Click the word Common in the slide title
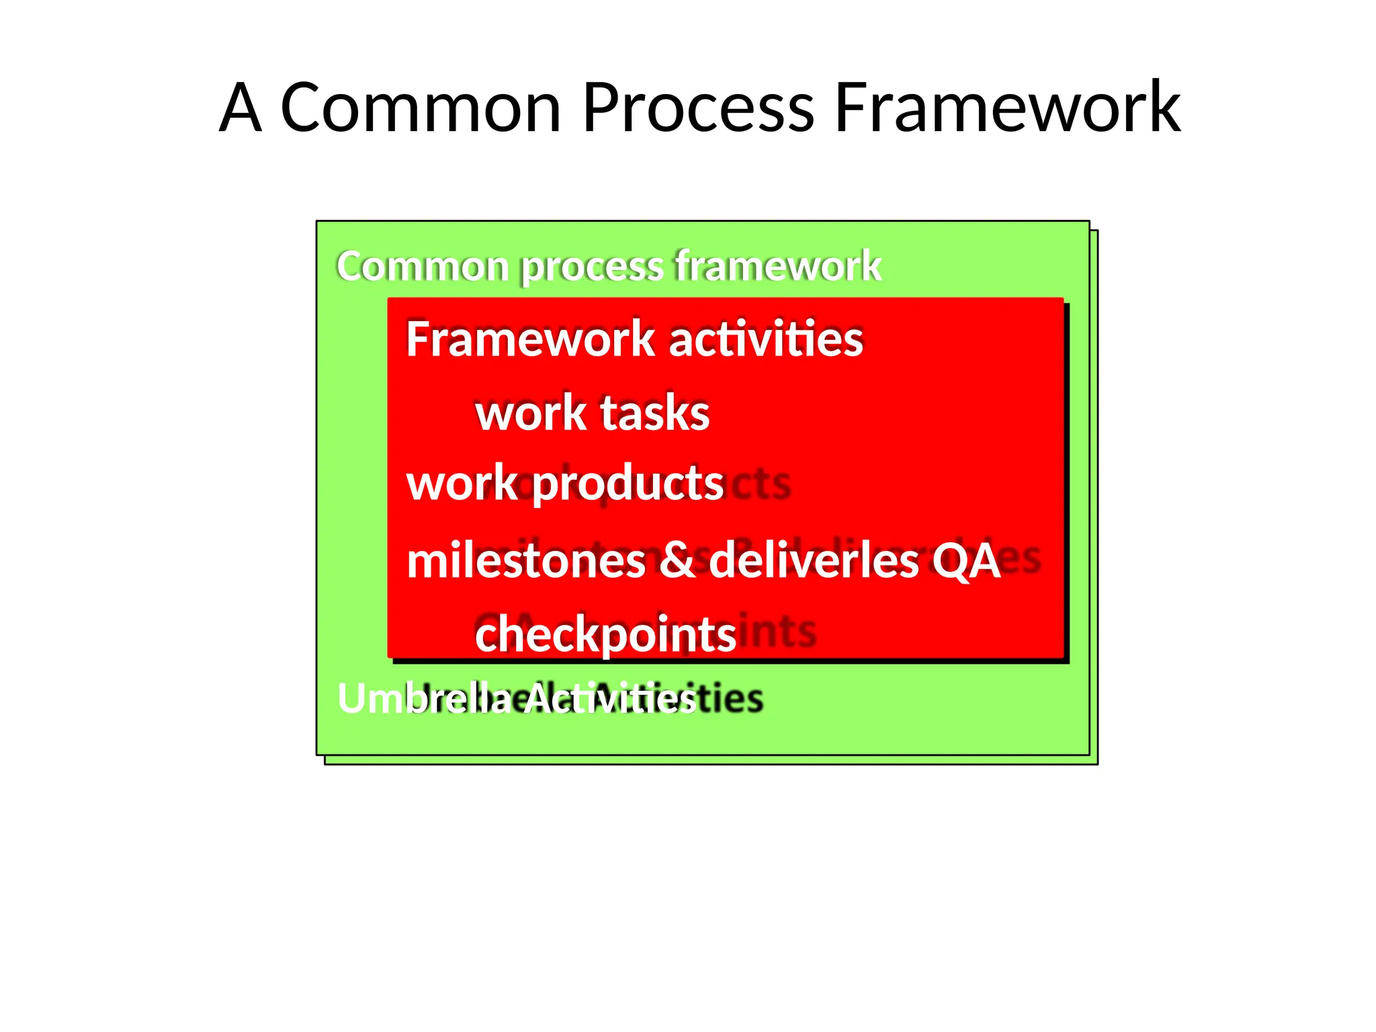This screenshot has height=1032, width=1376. tap(420, 107)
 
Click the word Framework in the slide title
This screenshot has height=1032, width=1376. tap(1006, 107)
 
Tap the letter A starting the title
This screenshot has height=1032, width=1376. tap(240, 107)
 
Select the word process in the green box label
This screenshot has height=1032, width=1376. tap(592, 267)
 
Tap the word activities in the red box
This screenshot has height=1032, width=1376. tap(766, 339)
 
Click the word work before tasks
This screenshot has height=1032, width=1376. tap(531, 413)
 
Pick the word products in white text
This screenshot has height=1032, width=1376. tap(628, 484)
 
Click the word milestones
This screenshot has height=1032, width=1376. tap(526, 560)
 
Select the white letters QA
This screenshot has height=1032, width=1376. tap(965, 560)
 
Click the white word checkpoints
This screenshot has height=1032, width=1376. tap(605, 634)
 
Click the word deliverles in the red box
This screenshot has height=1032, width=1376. tap(814, 560)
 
